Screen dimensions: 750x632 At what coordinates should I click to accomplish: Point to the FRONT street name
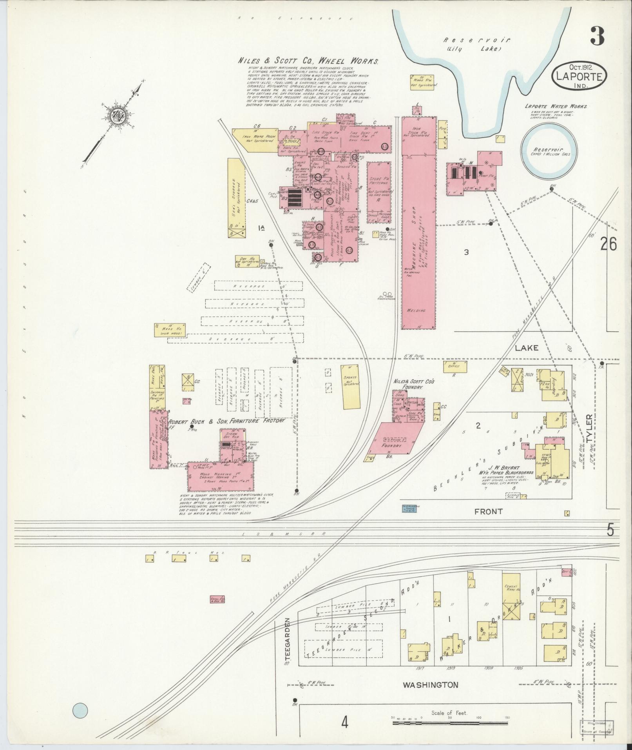tap(488, 511)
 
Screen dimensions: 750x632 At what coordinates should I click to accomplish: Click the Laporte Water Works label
tap(556, 107)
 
